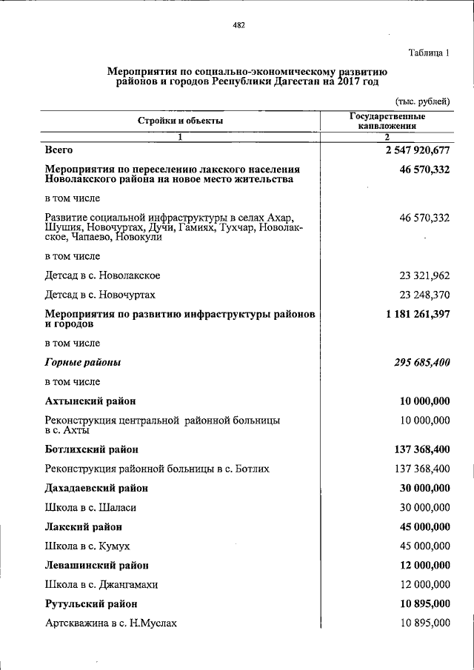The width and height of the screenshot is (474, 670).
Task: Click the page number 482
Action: [x=238, y=25]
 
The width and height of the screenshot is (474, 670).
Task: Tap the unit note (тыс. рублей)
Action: [x=422, y=101]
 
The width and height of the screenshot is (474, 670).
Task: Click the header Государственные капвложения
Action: [x=387, y=121]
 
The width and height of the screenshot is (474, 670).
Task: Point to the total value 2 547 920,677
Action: [x=417, y=150]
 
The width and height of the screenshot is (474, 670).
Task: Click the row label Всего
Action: [x=59, y=150]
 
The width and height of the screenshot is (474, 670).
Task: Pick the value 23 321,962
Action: [x=424, y=275]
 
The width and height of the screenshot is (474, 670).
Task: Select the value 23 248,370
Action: [x=424, y=295]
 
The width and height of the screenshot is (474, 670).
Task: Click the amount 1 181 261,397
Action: [x=417, y=314]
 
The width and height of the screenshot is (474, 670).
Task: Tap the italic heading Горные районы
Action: [x=83, y=363]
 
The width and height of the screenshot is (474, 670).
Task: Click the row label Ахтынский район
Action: [x=90, y=401]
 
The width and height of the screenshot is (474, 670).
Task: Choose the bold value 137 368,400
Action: [x=422, y=449]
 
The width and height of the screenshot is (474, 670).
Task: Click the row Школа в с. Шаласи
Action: [x=90, y=508]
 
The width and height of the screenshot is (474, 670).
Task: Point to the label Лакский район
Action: [x=83, y=527]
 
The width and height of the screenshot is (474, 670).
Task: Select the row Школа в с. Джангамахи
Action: [x=101, y=584]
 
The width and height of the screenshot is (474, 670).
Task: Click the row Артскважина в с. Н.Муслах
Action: [x=111, y=623]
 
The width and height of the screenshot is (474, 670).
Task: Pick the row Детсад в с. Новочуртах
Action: [x=100, y=295]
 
